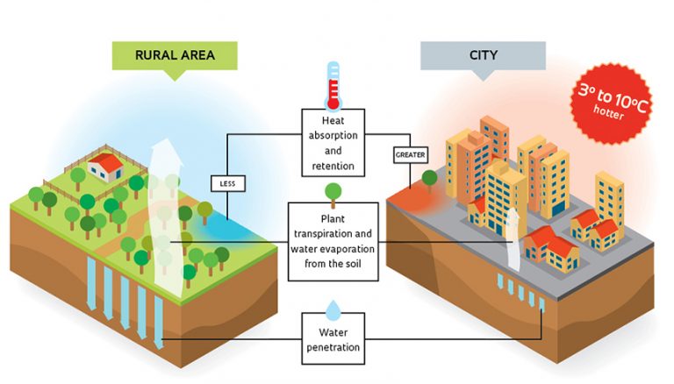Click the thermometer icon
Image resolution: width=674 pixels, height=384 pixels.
pyautogui.click(x=333, y=83)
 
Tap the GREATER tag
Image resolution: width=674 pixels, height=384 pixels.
pyautogui.click(x=410, y=155)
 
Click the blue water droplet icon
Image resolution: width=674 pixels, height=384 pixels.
pyautogui.click(x=333, y=309)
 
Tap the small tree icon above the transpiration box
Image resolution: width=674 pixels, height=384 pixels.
pyautogui.click(x=333, y=191)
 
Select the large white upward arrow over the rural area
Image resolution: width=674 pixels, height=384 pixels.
pyautogui.click(x=161, y=219)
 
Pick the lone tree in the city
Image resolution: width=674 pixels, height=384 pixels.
pyautogui.click(x=429, y=179)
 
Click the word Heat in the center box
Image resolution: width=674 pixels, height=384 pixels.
pyautogui.click(x=321, y=119)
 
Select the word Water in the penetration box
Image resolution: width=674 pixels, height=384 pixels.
pyautogui.click(x=333, y=331)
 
